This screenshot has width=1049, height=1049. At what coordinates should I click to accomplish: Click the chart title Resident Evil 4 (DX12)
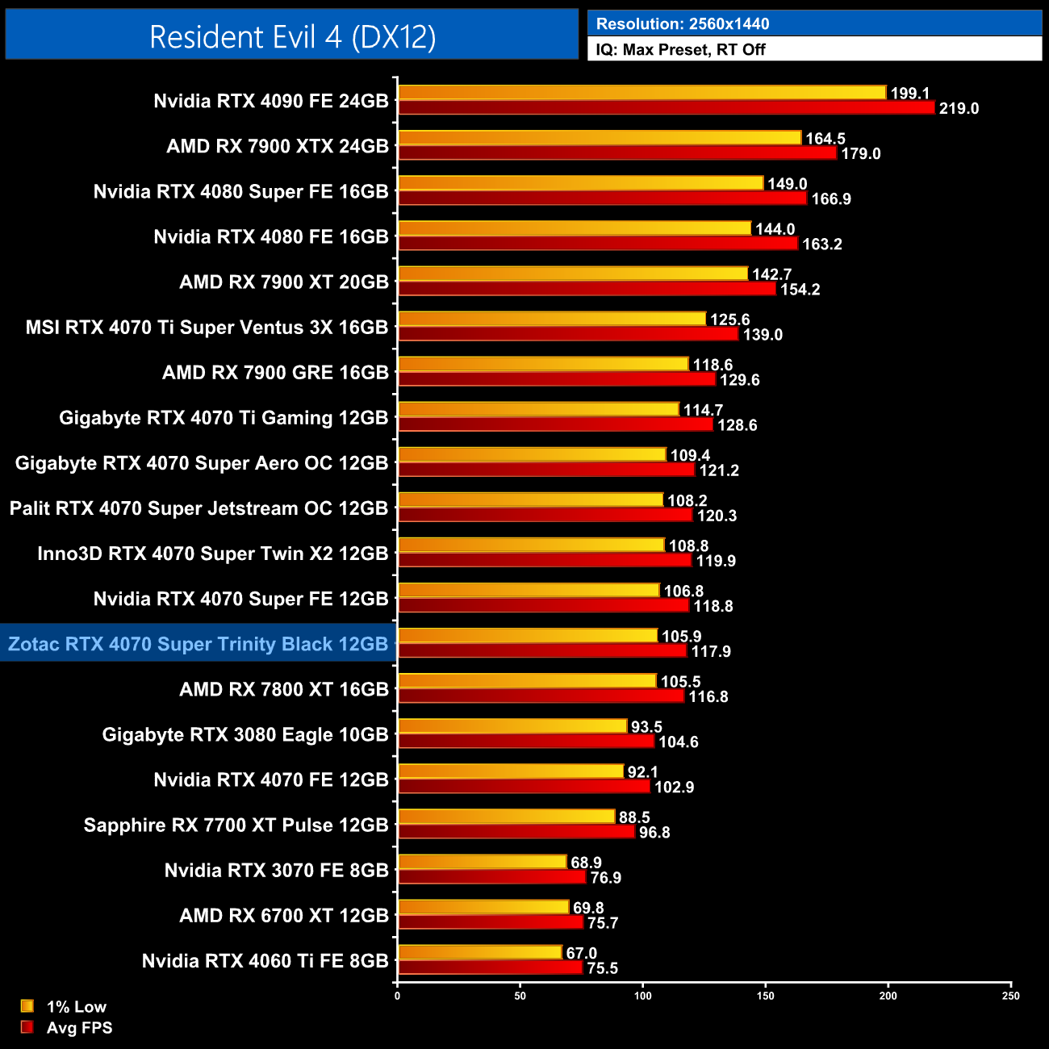coord(292,36)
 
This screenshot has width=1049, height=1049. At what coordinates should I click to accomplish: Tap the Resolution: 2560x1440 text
coord(683,23)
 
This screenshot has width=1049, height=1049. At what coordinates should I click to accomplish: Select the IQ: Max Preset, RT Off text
coord(680,49)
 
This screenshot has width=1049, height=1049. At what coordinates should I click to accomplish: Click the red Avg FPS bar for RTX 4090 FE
coord(666,107)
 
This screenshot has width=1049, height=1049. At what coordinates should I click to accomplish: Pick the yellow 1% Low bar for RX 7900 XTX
coord(600,138)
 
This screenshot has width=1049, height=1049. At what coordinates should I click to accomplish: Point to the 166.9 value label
coord(831,199)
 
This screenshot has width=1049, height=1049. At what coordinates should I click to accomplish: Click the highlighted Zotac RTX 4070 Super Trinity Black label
coord(199,644)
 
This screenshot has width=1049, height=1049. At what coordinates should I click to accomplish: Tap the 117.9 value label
coord(711,651)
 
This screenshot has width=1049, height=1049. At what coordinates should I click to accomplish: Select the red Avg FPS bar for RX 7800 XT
coord(541,696)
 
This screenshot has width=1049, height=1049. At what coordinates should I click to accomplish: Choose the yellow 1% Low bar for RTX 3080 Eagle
coord(512,726)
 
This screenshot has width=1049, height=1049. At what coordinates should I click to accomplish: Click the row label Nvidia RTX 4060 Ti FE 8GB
coord(265,960)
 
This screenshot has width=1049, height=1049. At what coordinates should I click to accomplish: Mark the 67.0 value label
coord(582,953)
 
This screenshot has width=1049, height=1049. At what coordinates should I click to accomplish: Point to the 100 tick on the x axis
coord(643,996)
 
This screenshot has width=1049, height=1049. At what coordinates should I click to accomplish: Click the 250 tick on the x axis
coord(1011,996)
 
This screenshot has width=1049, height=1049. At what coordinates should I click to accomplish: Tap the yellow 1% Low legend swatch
coord(27,1006)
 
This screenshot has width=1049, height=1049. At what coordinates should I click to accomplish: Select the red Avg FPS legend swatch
coord(27,1027)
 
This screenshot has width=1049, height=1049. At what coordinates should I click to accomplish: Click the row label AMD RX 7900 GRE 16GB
coord(275,372)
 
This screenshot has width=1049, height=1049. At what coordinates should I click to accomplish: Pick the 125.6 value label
coord(730,320)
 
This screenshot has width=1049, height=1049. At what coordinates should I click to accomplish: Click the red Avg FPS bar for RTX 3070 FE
coord(491,877)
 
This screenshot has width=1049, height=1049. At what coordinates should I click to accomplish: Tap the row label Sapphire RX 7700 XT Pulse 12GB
coord(236,825)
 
